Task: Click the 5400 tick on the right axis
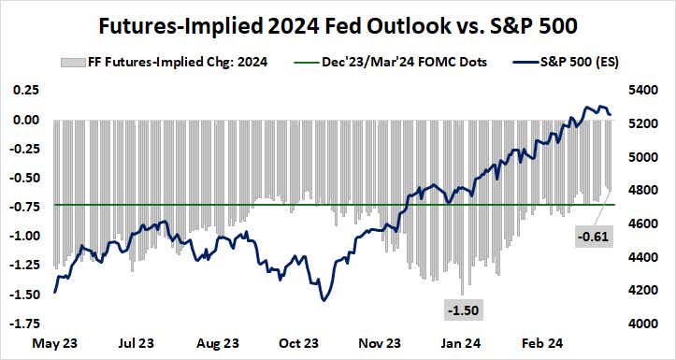tap(644, 91)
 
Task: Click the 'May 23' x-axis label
tap(53, 343)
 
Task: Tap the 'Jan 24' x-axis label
tap(462, 343)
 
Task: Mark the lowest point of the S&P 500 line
tap(323, 299)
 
